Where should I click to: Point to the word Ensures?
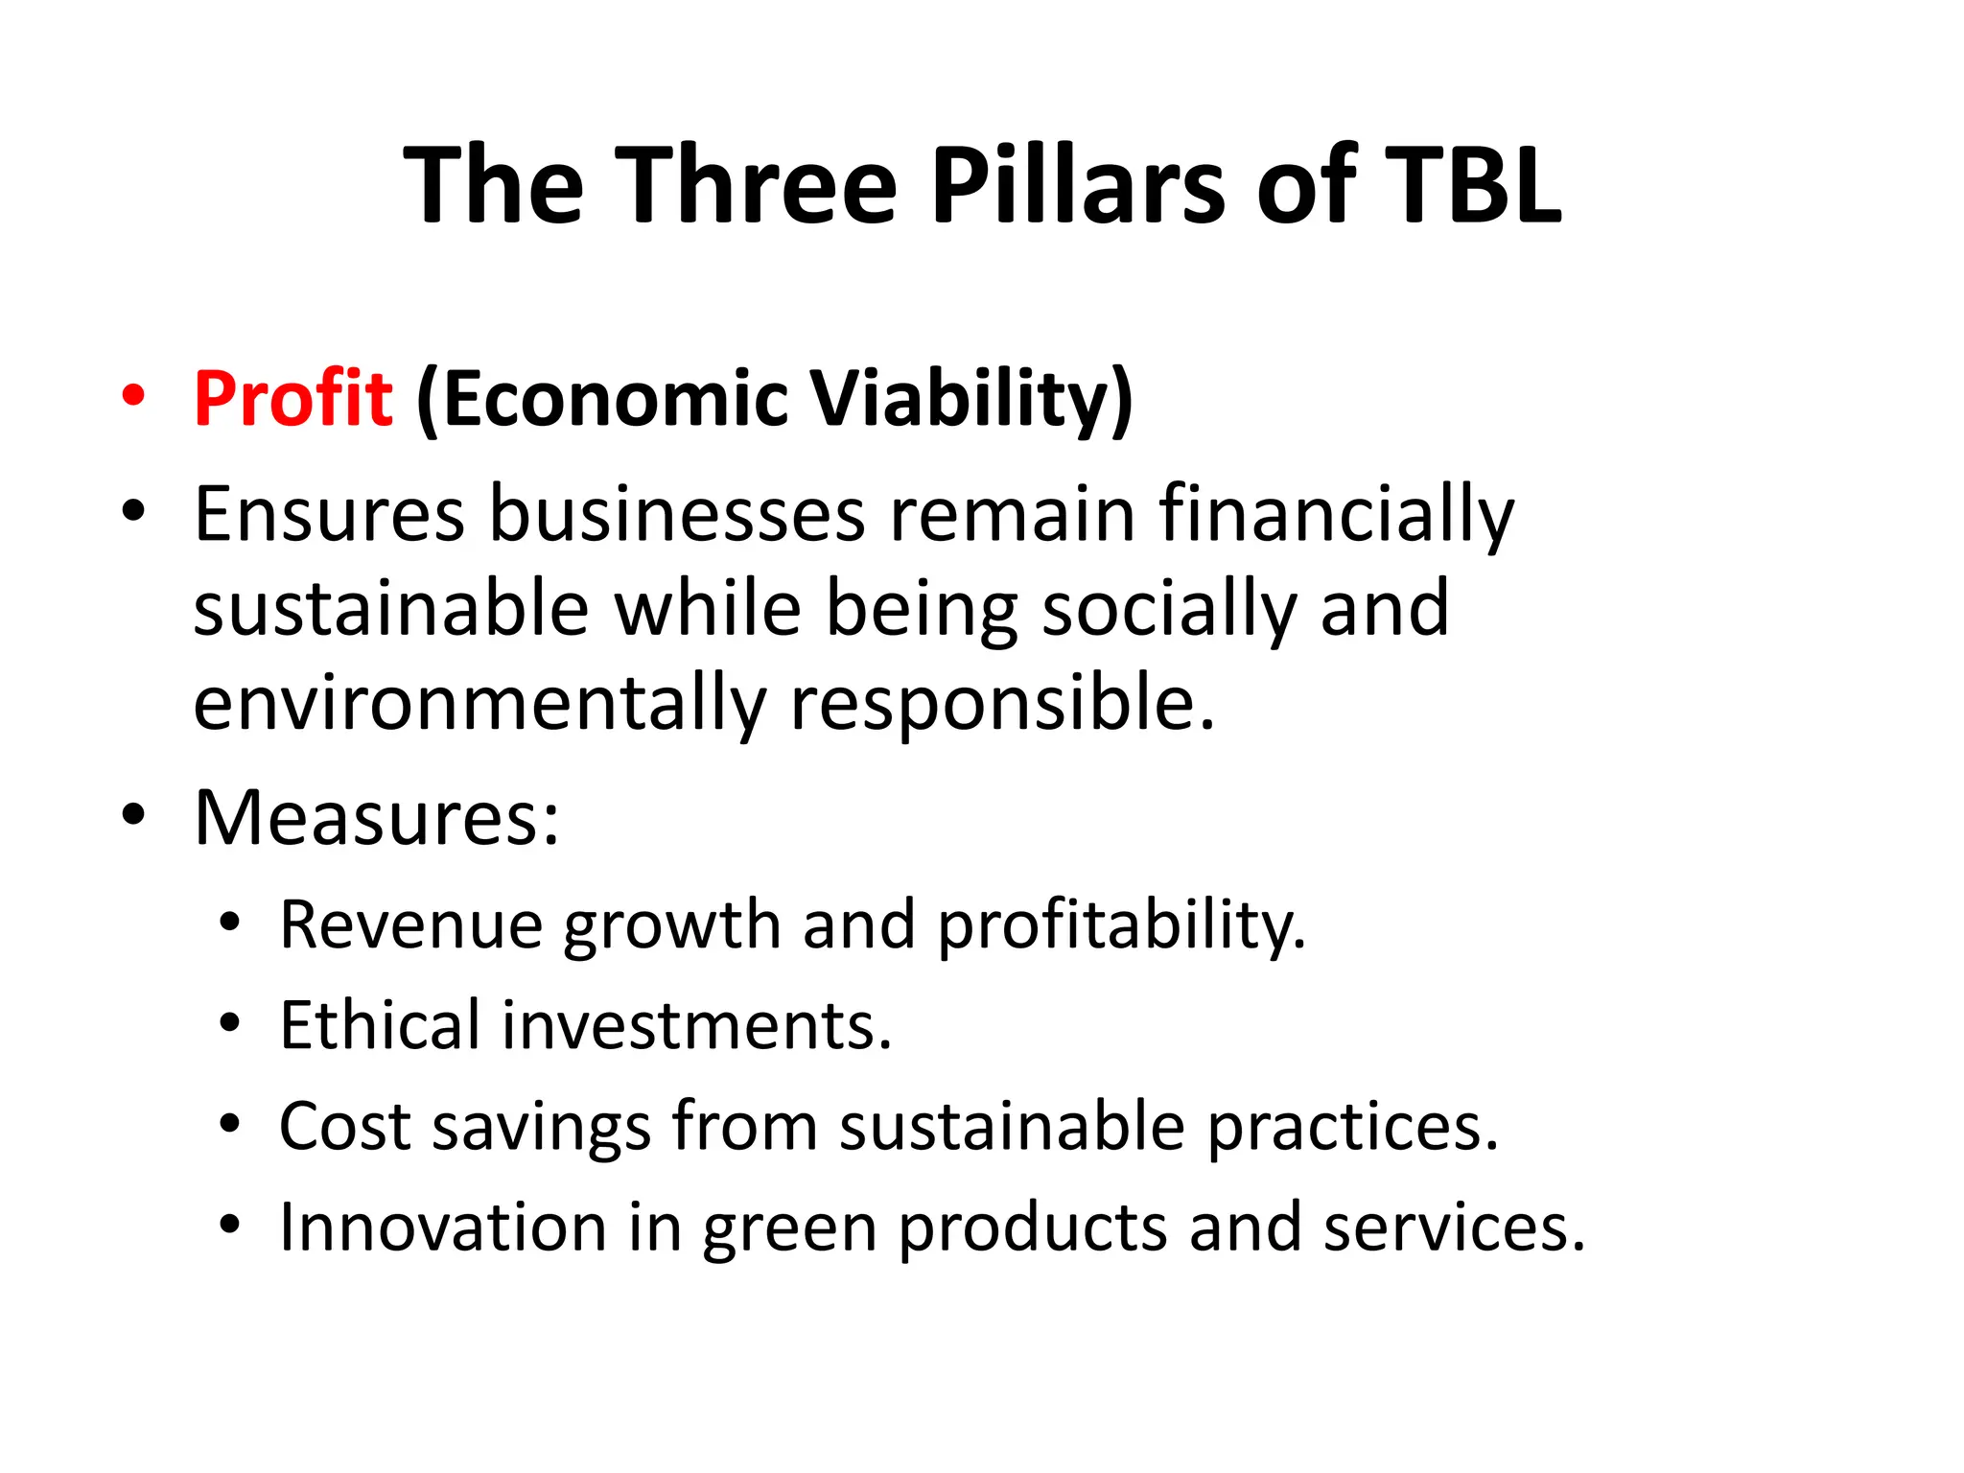point(329,515)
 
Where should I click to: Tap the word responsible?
point(1002,703)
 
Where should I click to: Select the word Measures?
point(376,818)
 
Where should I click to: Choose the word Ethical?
point(380,1025)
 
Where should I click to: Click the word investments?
point(696,1025)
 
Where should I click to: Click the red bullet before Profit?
point(133,396)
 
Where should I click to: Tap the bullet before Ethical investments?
point(228,1023)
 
